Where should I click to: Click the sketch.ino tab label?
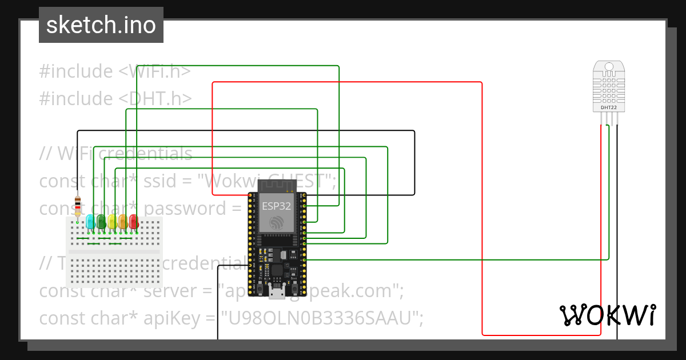[101, 25]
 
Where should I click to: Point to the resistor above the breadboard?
[78, 205]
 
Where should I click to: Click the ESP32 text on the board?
[277, 206]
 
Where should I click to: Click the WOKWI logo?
[608, 315]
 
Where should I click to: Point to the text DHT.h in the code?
[159, 99]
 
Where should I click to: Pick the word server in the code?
[170, 291]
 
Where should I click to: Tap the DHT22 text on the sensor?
[609, 107]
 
